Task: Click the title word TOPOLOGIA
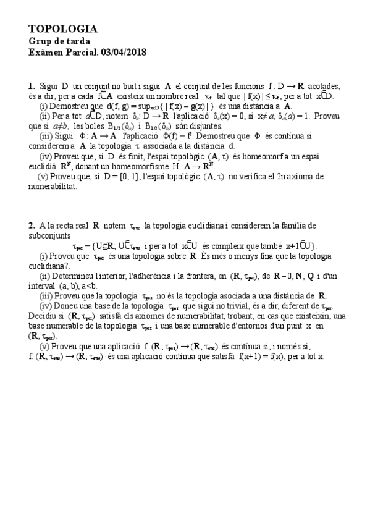tap(63, 29)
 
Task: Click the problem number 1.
tap(31, 86)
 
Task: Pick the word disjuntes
tap(203, 125)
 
